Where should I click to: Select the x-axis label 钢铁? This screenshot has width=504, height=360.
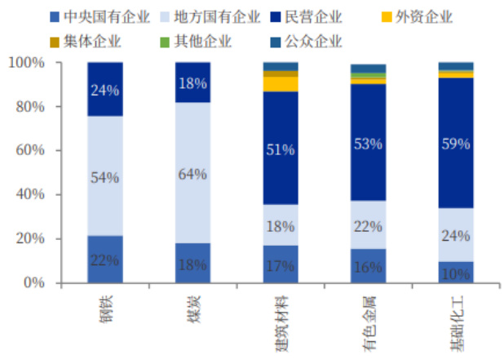[104, 309]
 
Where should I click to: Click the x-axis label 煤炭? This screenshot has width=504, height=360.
[192, 309]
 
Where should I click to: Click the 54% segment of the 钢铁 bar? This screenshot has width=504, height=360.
[104, 176]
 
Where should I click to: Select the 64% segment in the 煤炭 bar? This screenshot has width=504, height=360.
[192, 173]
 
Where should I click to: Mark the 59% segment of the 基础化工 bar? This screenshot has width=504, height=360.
[456, 143]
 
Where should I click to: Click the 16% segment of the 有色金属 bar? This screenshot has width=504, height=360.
[368, 265]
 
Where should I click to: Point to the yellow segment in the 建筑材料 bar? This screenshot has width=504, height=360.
[281, 83]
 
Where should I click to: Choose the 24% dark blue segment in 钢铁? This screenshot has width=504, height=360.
[104, 89]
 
